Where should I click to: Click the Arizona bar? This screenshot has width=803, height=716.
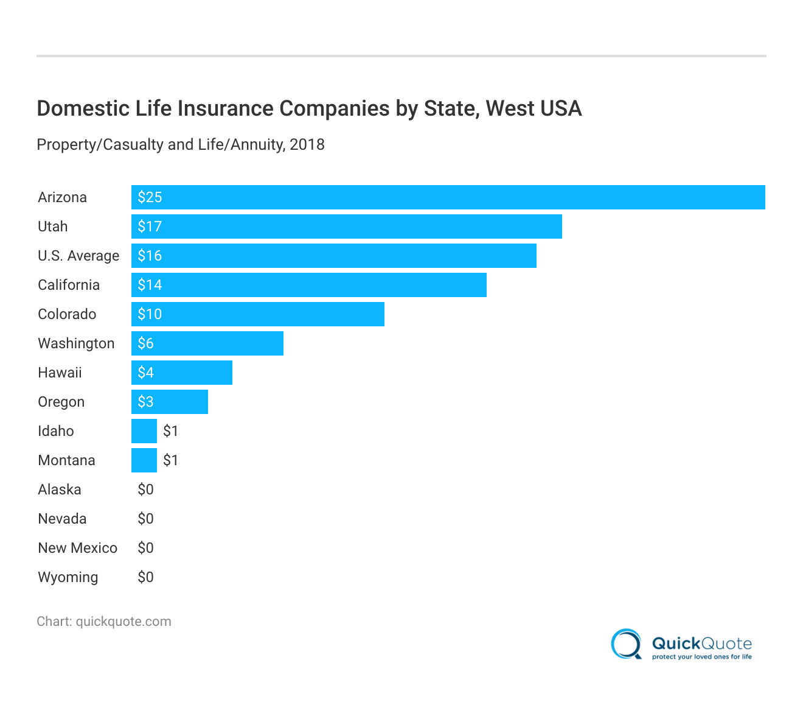[x=448, y=197]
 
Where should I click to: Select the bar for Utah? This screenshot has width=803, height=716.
[x=347, y=226]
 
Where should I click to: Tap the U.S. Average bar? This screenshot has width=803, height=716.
[x=334, y=256]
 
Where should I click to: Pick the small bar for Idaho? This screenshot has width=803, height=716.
[x=144, y=431]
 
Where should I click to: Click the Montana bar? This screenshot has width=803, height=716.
[x=144, y=460]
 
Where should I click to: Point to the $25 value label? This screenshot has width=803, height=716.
[x=150, y=197]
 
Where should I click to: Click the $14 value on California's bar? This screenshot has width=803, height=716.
[x=150, y=285]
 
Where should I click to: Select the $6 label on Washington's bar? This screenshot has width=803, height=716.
[x=145, y=343]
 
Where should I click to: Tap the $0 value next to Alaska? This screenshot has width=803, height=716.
[x=145, y=490]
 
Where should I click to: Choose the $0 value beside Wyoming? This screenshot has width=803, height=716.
[x=145, y=577]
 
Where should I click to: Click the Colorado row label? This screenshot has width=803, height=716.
[x=67, y=314]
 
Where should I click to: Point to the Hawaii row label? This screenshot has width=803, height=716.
[x=60, y=373]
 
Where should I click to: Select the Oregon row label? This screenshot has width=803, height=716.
[x=61, y=402]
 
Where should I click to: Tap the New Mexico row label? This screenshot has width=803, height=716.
[x=77, y=548]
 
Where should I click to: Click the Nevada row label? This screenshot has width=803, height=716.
[x=62, y=519]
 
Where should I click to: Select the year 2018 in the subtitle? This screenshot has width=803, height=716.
[x=307, y=145]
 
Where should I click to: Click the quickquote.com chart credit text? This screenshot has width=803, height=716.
[x=123, y=622]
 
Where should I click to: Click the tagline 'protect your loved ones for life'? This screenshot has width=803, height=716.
[x=701, y=657]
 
